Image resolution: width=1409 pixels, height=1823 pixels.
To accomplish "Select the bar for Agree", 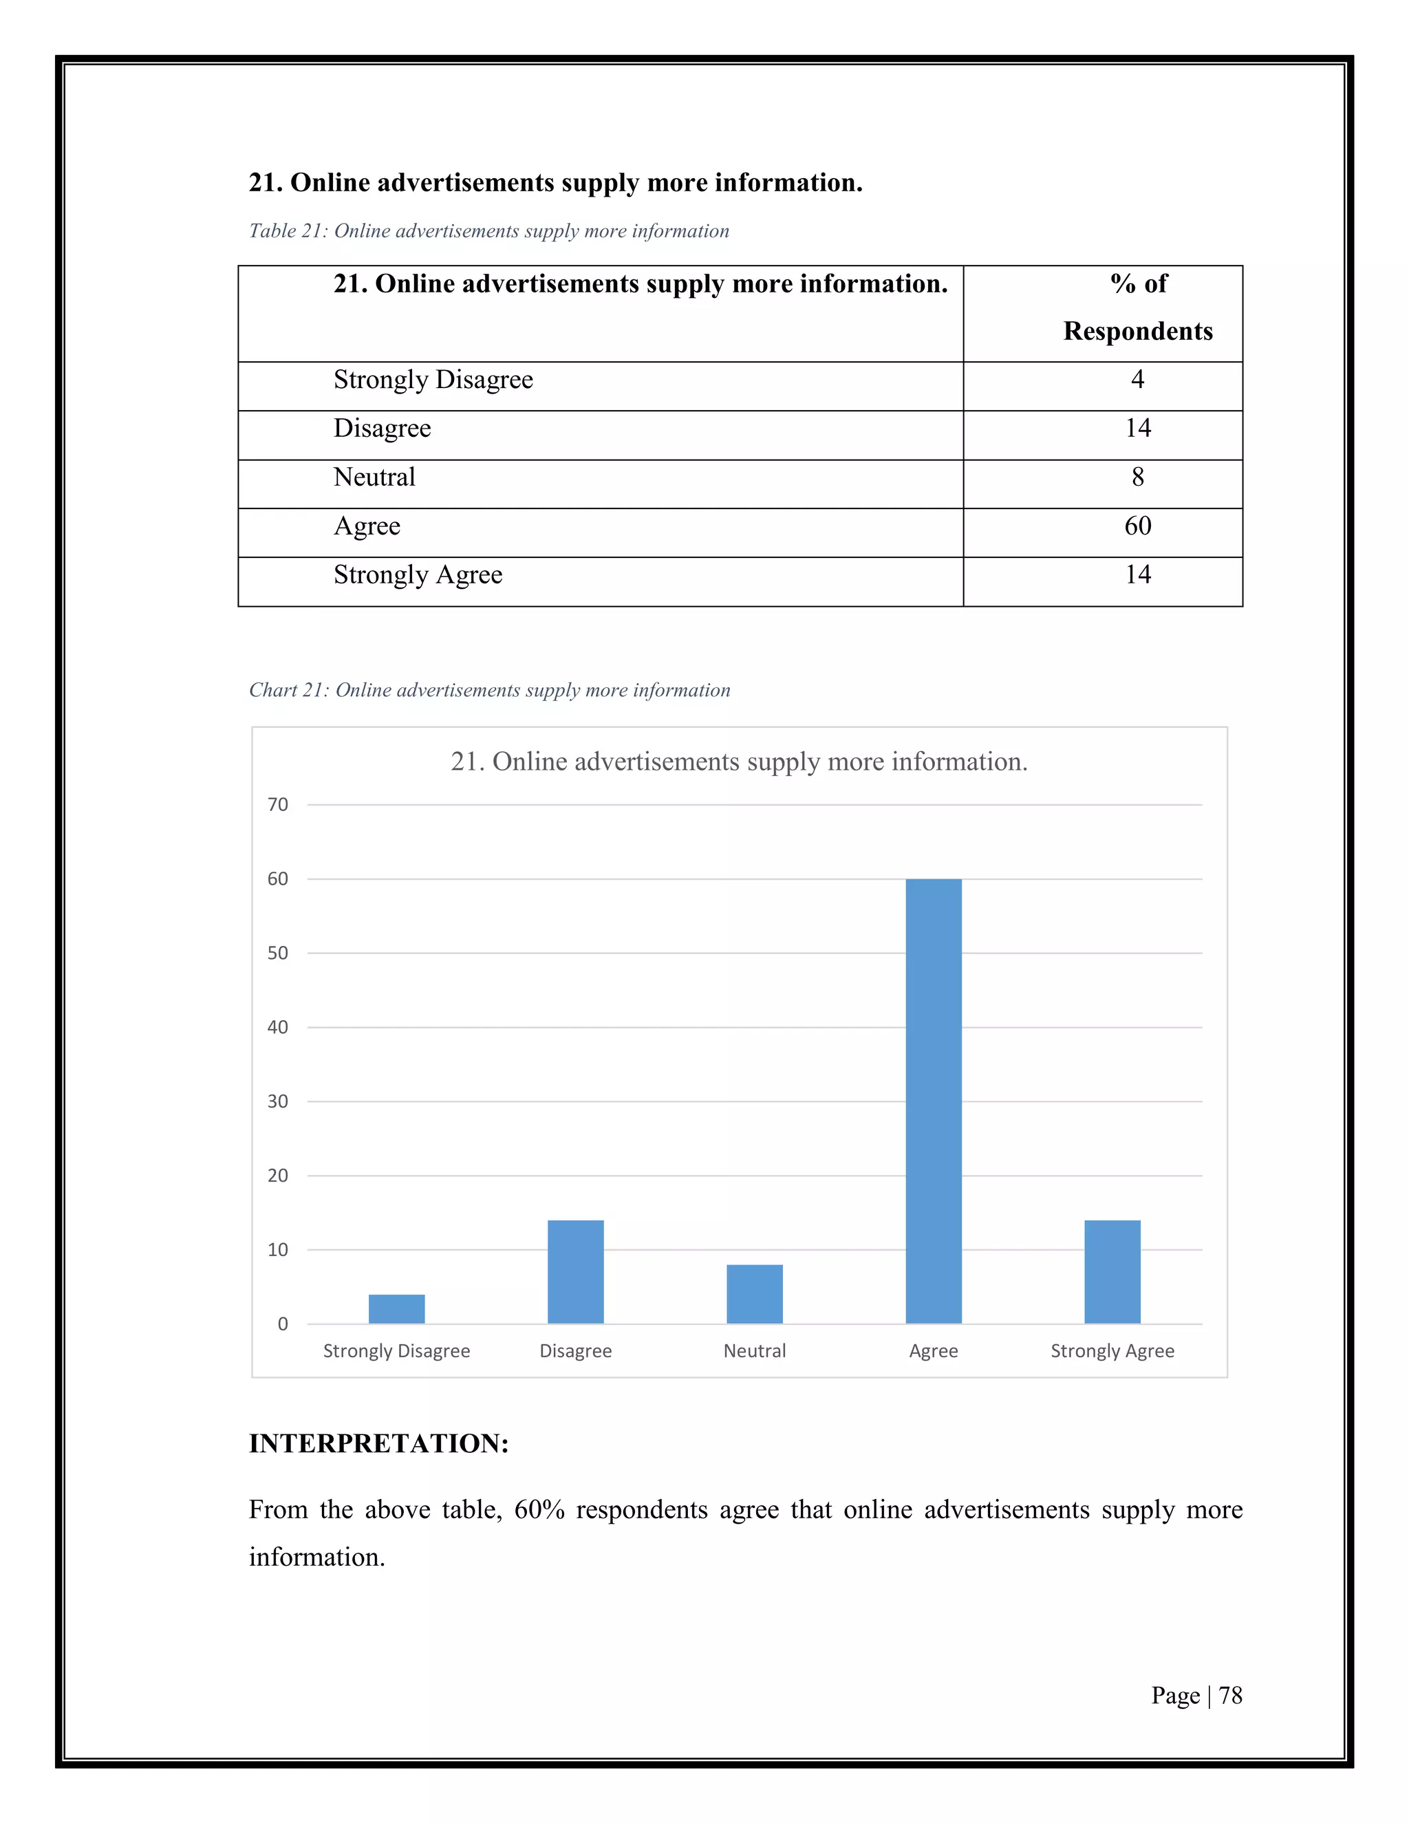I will click(x=933, y=1102).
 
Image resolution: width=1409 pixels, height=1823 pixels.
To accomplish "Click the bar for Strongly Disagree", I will click(x=396, y=1309).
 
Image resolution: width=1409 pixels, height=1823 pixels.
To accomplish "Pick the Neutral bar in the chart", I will click(x=755, y=1294).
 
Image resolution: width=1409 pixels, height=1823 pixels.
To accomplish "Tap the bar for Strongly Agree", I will click(x=1112, y=1272).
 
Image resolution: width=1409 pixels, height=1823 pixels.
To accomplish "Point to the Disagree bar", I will click(x=575, y=1272).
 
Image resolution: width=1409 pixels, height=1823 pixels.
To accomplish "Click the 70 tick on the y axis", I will click(x=277, y=805).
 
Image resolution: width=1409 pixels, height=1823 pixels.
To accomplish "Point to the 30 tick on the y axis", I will click(x=277, y=1102).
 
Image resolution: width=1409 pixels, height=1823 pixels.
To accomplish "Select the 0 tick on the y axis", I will click(x=282, y=1324).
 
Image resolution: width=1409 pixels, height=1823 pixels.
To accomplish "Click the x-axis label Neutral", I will click(x=755, y=1350).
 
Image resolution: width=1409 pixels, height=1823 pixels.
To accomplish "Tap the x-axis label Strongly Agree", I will click(x=1112, y=1350).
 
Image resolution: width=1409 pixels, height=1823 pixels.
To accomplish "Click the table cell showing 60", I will click(x=1137, y=526).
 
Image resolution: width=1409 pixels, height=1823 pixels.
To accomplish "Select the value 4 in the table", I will click(x=1137, y=380).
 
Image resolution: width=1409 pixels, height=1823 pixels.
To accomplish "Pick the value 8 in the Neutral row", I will click(x=1137, y=477).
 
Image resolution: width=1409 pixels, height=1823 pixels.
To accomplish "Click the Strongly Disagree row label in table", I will click(x=433, y=380).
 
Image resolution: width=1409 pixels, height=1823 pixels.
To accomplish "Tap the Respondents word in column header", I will click(x=1137, y=332).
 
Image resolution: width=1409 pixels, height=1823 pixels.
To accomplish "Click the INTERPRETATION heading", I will click(x=379, y=1443).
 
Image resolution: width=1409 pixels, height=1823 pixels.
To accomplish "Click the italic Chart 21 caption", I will click(x=489, y=690).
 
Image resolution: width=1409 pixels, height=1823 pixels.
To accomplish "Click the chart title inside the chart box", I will click(x=739, y=762).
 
